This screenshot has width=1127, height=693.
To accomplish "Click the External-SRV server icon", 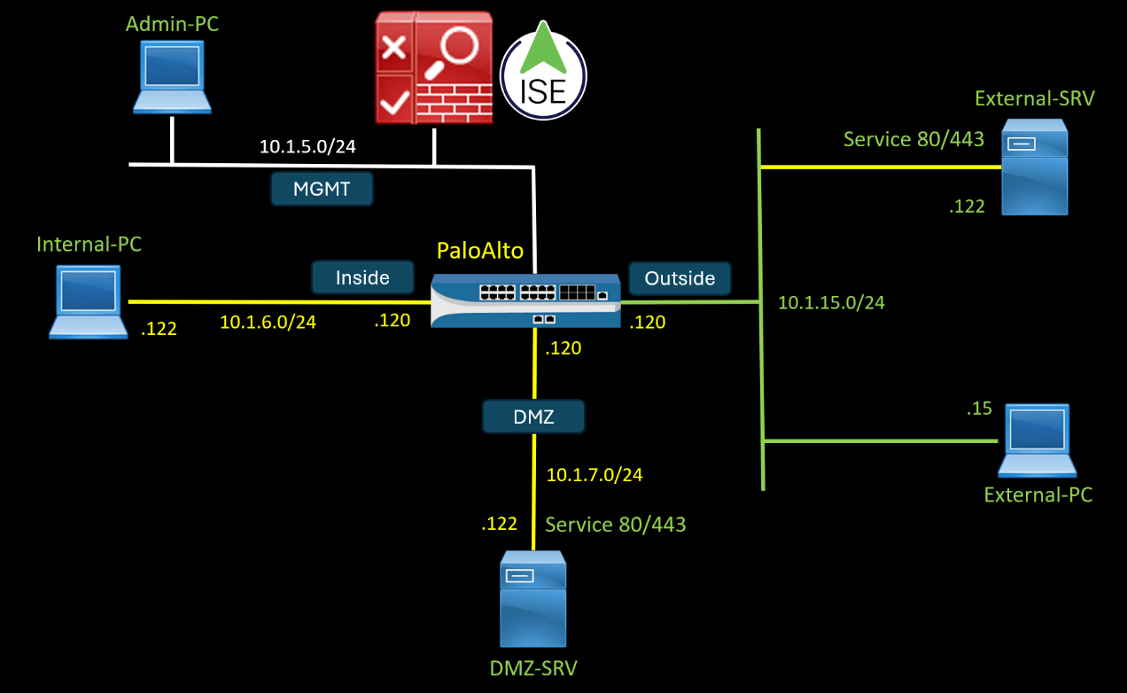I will pyautogui.click(x=1034, y=168).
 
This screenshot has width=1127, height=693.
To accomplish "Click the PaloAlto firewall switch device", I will pyautogui.click(x=525, y=300).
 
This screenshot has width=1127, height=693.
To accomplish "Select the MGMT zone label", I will pyautogui.click(x=322, y=189).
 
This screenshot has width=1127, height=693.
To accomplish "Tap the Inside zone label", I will pyautogui.click(x=362, y=277).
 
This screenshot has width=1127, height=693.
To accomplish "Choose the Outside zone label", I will pyautogui.click(x=680, y=278).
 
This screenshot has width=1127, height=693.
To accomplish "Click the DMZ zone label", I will pyautogui.click(x=533, y=417).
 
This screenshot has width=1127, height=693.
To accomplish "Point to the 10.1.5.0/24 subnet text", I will pyautogui.click(x=307, y=147).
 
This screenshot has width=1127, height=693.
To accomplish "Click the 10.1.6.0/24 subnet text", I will pyautogui.click(x=268, y=323).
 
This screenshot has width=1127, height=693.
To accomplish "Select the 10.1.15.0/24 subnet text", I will pyautogui.click(x=831, y=303).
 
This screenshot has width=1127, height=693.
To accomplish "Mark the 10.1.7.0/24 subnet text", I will pyautogui.click(x=595, y=475).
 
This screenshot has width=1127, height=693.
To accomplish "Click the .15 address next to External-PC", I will pyautogui.click(x=979, y=409).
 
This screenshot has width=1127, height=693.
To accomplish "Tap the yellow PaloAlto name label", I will pyautogui.click(x=480, y=251).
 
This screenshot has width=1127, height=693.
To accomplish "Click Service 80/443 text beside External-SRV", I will pyautogui.click(x=913, y=139).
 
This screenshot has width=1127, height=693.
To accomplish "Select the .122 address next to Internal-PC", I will pyautogui.click(x=159, y=329).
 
